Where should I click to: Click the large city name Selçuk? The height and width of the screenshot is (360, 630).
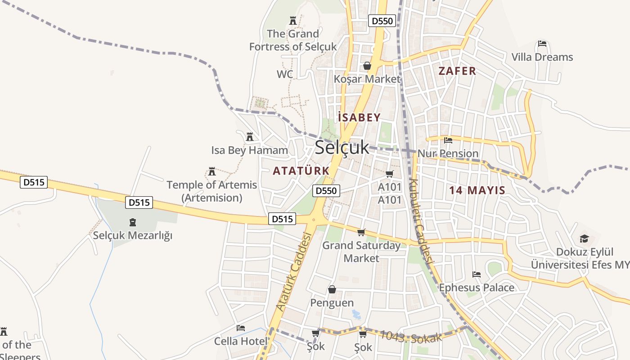[x=342, y=148]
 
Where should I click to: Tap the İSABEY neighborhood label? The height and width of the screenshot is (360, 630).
[x=359, y=117]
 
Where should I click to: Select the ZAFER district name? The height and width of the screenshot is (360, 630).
[x=457, y=71]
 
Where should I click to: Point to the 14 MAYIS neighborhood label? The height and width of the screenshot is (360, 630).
[x=477, y=190]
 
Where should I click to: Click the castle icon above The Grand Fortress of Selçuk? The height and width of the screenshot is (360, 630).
[x=293, y=20]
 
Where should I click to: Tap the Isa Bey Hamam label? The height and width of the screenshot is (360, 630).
[x=249, y=150]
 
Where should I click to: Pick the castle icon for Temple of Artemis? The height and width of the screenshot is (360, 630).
[x=212, y=171]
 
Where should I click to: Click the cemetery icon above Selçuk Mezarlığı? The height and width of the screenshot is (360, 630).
[x=133, y=222]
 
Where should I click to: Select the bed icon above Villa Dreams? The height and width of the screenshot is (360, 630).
[x=542, y=44]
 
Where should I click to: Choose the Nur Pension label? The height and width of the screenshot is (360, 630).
[x=448, y=153]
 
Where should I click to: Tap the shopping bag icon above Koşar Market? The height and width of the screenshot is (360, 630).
[x=367, y=66]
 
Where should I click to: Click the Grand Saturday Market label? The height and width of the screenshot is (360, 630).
[x=361, y=252]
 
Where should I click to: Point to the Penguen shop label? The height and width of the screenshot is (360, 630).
[x=332, y=303]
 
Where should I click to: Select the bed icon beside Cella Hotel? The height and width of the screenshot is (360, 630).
[x=241, y=328]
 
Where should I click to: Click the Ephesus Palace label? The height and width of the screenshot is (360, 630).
[x=477, y=288]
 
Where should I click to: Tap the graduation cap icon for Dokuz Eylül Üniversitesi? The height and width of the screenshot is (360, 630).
[x=584, y=238]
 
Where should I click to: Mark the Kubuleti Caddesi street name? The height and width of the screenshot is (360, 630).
[x=422, y=221]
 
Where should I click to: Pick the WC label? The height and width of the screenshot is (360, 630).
[x=285, y=74]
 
